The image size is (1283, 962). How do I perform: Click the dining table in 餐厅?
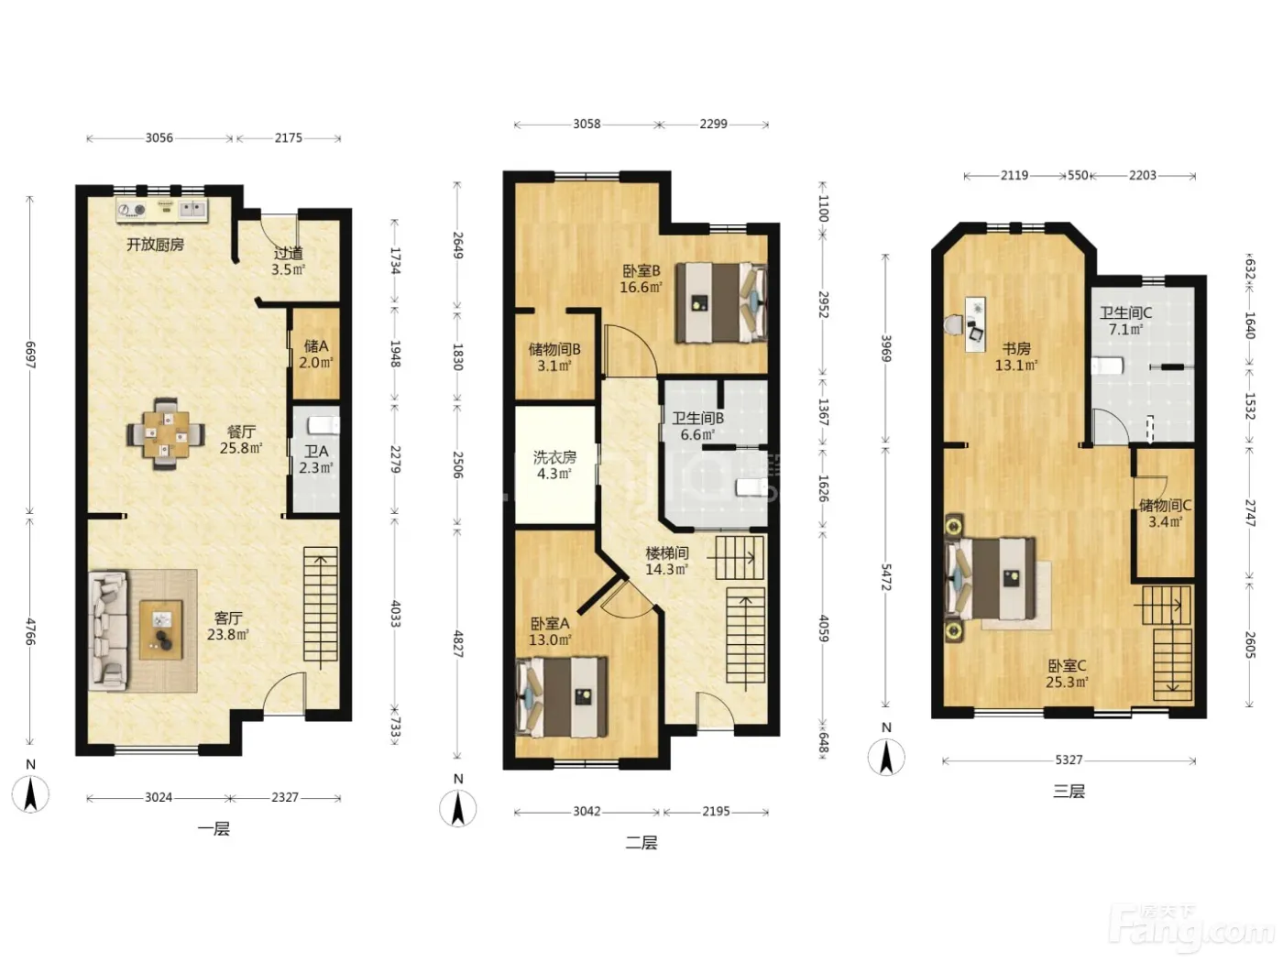point(166,432)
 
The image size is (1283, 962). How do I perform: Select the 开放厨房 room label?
point(156,244)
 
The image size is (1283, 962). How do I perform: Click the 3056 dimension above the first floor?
point(159,137)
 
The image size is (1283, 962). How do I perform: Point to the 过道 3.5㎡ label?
point(288,261)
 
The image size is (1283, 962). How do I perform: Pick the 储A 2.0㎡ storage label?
point(316,355)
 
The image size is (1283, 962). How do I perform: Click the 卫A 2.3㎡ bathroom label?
point(316,460)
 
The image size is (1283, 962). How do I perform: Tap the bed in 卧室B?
point(721,302)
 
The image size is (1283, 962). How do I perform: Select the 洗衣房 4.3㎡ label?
point(554,465)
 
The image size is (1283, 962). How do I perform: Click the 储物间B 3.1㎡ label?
point(554,357)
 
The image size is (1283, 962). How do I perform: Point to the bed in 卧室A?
point(562,697)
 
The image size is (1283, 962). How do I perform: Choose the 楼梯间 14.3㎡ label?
point(667,561)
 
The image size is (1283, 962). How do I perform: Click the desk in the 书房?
point(975,324)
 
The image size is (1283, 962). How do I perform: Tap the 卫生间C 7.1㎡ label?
point(1125,321)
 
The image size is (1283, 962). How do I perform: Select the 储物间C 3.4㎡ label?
point(1165,513)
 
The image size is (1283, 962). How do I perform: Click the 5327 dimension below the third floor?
point(1069,760)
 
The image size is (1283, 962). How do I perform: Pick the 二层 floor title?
point(641,842)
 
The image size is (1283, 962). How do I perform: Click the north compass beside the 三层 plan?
point(886,757)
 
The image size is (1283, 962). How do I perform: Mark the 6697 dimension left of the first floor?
point(30,355)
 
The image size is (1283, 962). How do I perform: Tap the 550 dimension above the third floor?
point(1078,175)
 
